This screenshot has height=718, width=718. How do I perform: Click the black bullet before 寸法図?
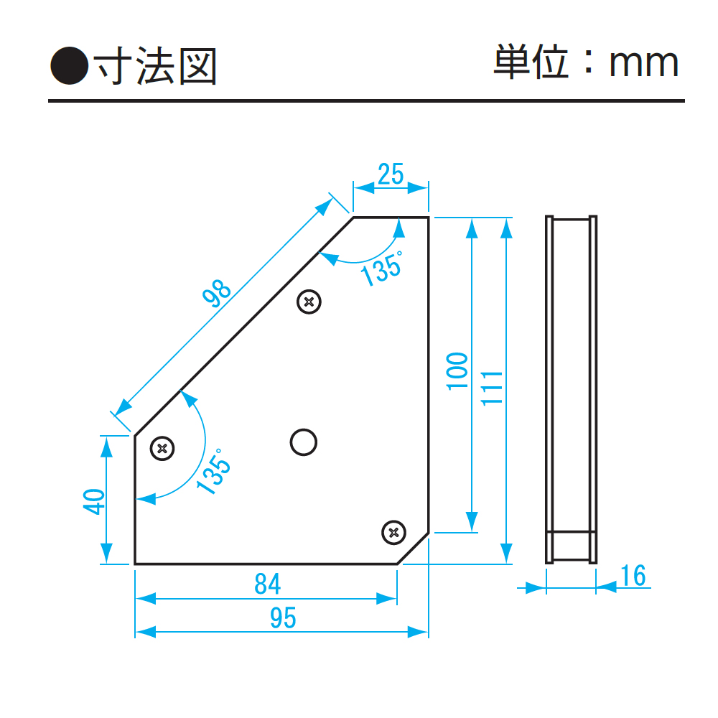point(69,65)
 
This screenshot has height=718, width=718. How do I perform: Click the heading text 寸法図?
point(156,66)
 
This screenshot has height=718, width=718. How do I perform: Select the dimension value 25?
point(391,174)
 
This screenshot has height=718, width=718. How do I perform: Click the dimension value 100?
point(457,371)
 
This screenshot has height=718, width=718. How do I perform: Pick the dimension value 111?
point(492,388)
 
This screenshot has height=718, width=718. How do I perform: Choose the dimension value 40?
point(94,500)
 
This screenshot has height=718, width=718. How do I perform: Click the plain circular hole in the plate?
point(303,442)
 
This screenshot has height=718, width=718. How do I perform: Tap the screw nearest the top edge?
point(309,302)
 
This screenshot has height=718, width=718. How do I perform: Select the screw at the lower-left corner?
point(163,449)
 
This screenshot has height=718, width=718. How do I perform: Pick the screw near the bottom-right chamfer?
point(393,532)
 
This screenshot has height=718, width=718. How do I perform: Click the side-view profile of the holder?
point(572,388)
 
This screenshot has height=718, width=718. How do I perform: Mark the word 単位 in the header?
point(531,63)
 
